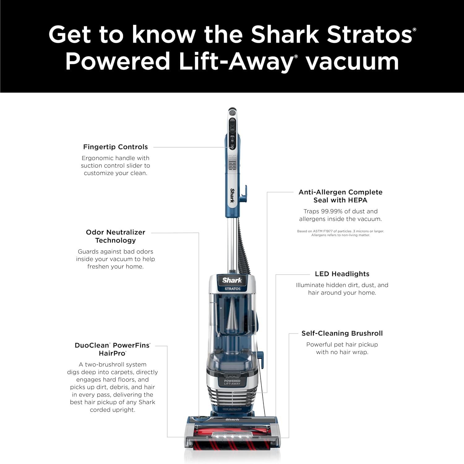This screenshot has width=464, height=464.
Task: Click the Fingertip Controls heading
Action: [115, 147]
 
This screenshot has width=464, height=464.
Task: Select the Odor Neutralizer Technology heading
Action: [115, 236]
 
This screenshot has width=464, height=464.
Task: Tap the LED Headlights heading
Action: [342, 274]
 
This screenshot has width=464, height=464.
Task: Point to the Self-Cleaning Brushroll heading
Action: [342, 333]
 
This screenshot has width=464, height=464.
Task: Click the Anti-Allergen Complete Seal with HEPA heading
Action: [340, 196]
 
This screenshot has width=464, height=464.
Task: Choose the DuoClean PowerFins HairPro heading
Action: [112, 349]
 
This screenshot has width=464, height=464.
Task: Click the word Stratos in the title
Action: [369, 35]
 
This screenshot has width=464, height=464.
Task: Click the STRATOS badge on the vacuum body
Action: [232, 289]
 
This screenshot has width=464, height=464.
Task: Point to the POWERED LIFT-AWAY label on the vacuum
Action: [232, 382]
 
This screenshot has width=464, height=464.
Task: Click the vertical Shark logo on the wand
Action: [232, 196]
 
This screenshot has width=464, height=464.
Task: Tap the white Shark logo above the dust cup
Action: [232, 280]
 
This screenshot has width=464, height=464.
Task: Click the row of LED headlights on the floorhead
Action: [232, 436]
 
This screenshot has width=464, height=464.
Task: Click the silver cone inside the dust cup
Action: [232, 316]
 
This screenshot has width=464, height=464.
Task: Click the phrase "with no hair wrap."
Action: [342, 352]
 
